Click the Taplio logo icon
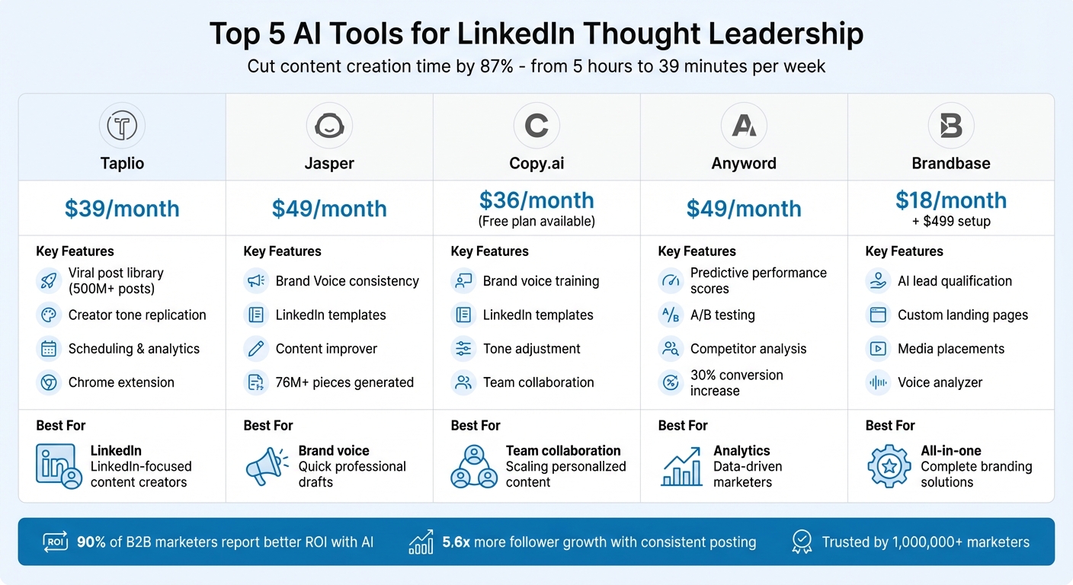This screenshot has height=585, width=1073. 122,126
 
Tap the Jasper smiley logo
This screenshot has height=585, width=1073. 329,126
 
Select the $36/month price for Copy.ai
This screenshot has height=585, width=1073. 536,200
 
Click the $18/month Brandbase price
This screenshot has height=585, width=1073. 950,200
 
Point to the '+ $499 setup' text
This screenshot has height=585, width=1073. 950,222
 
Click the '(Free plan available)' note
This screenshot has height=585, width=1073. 536,222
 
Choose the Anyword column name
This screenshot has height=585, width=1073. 743,163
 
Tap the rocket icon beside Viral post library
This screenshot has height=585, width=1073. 49,281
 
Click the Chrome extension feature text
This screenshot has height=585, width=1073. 121,382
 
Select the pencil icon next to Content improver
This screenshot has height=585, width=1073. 256,349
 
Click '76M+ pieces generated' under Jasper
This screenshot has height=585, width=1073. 344,382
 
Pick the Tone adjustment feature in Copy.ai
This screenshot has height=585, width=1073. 531,349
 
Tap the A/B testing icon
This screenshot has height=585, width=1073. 671,315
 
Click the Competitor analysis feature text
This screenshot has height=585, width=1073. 748,349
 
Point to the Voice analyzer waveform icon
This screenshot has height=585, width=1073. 878,382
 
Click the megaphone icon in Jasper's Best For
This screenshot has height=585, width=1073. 267,466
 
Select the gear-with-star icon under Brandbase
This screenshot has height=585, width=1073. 889,466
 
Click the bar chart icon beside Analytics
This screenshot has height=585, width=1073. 681,466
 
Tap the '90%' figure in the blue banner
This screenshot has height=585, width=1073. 91,542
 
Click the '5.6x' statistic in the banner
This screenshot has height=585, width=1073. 456,542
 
